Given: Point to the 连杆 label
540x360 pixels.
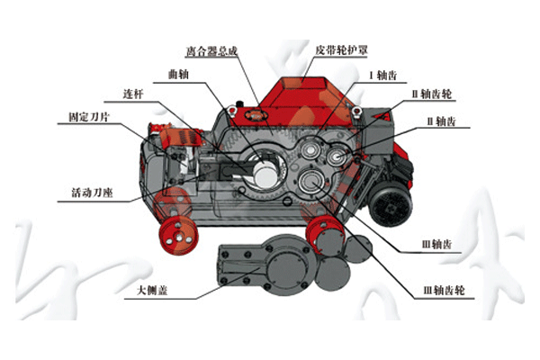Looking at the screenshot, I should click(x=135, y=94).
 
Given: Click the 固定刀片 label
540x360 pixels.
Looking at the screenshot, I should click(x=90, y=117).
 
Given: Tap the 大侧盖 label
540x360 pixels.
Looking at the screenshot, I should click(x=148, y=291).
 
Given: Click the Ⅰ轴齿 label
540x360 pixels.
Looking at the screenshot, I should click(x=382, y=76).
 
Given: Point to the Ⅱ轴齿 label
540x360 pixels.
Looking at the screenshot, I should click(x=438, y=120).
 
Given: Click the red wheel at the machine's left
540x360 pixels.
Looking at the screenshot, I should click(x=177, y=238).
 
